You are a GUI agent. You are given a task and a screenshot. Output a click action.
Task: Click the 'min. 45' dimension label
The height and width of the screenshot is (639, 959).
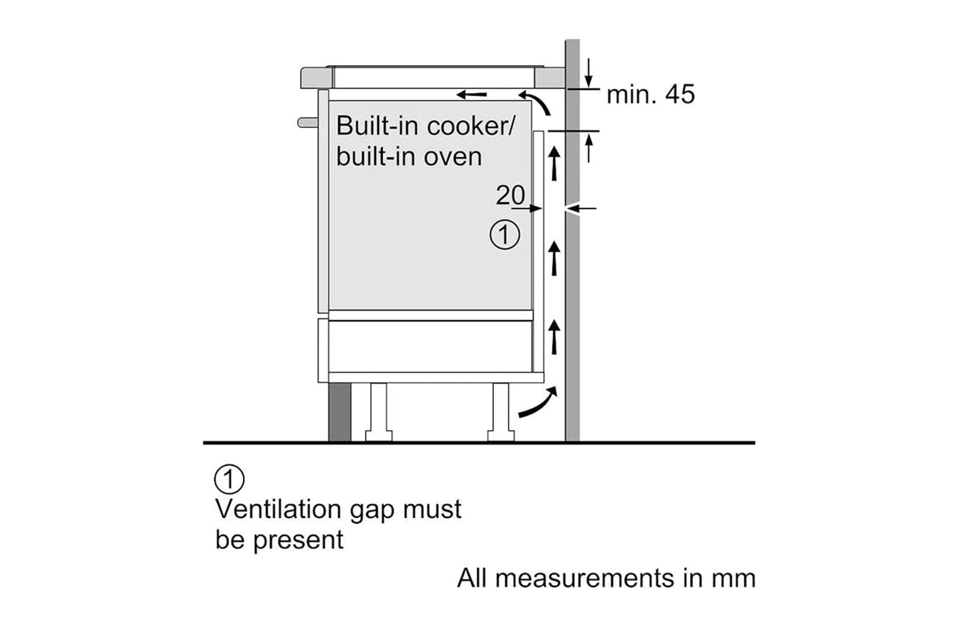coord(650,94)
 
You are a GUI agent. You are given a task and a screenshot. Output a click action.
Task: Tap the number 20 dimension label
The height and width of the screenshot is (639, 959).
coord(510,195)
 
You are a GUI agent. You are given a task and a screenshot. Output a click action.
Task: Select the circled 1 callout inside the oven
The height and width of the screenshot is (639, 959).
coord(504,235)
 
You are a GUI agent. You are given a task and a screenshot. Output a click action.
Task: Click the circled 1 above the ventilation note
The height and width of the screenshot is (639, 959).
coord(230,479)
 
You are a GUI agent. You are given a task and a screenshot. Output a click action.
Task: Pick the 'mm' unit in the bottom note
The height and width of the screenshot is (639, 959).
coord(733,578)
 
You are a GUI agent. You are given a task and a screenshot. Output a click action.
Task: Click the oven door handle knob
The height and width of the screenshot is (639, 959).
coord(306,122)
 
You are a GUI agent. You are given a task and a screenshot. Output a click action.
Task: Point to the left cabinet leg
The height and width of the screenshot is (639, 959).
coord(379,411)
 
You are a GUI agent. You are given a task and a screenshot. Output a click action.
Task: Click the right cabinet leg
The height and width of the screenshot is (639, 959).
coord(501,411)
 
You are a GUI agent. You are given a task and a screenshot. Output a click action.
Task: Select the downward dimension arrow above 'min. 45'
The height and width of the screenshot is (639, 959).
coord(589,72)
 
